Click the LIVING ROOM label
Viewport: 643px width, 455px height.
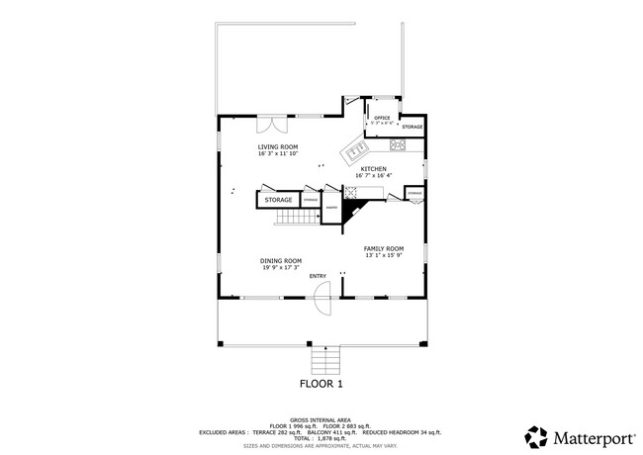pos(277,146)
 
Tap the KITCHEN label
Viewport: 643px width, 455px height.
pos(373,169)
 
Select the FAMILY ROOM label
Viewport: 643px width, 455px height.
pos(384,248)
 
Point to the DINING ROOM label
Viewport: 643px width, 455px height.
pos(282,261)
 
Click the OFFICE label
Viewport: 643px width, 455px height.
pos(381,118)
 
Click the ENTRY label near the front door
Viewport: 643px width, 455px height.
pos(318,276)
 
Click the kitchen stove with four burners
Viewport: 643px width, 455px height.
pos(399,146)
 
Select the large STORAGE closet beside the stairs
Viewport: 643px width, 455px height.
pos(278,200)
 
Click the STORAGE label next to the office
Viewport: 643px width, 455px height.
pos(413,127)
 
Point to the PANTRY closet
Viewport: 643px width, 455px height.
pos(332,207)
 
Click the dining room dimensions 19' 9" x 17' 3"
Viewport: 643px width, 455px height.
pos(282,268)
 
